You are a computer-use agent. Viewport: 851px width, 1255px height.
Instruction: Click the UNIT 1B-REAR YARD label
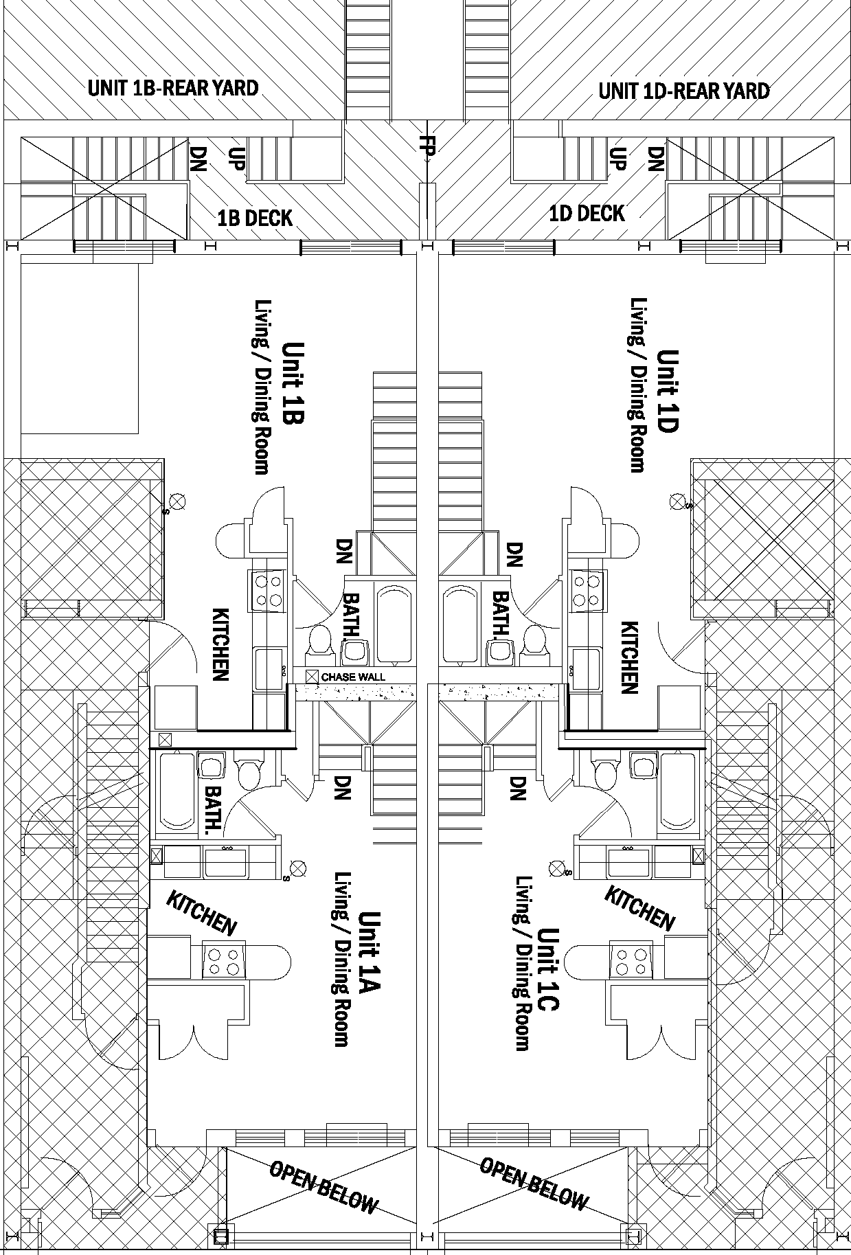tap(173, 89)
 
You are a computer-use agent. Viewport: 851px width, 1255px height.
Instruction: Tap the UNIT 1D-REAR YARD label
tap(683, 91)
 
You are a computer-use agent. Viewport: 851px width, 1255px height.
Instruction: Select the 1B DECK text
tap(255, 218)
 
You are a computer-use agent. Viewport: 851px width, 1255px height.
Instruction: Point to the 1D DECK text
tap(587, 214)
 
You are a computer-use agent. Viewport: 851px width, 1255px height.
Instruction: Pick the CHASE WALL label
tap(353, 677)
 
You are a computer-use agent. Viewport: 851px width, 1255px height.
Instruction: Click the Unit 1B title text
tap(293, 383)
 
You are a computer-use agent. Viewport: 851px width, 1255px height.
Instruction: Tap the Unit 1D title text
tap(668, 391)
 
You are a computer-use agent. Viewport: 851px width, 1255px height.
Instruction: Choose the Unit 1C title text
tap(548, 969)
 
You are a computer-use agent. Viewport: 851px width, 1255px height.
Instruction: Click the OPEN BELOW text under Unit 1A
tap(324, 706)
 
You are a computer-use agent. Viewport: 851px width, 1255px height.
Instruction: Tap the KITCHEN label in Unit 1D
tap(630, 657)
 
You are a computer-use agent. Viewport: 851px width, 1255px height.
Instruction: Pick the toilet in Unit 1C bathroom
tap(605, 774)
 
